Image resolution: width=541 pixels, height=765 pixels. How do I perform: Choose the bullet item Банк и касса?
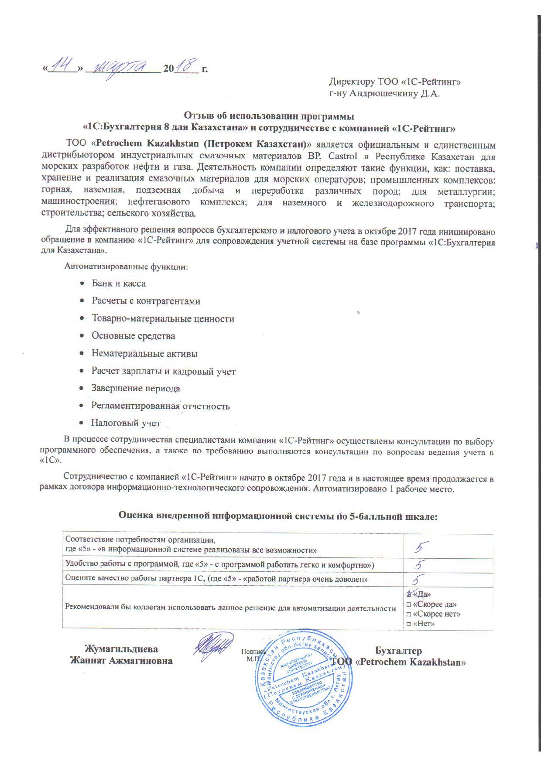(x=119, y=283)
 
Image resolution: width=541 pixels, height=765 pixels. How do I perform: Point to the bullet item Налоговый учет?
(x=126, y=423)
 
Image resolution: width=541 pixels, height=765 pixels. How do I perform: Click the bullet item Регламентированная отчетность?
(x=160, y=406)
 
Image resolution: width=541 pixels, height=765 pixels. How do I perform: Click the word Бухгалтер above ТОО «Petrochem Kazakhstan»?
(x=398, y=651)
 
